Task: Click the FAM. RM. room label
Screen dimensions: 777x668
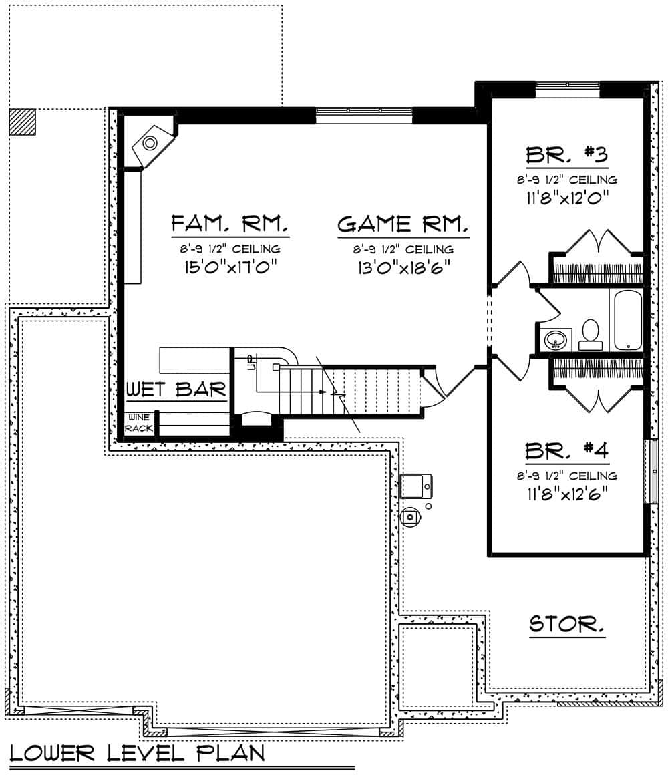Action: [x=230, y=222]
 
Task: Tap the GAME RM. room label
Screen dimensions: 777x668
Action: [x=403, y=224]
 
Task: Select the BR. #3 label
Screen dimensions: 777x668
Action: [x=566, y=155]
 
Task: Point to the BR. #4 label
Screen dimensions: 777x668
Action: [x=566, y=451]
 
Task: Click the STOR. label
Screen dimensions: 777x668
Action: [x=567, y=625]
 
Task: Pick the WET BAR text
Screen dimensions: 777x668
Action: [x=176, y=390]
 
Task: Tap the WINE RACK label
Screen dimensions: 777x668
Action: [x=139, y=422]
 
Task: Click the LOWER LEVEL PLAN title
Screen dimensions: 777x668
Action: [x=137, y=753]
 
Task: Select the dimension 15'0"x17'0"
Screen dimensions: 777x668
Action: [x=230, y=267]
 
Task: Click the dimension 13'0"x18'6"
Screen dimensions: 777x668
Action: [x=403, y=267]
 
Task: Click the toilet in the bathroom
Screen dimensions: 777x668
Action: [x=591, y=335]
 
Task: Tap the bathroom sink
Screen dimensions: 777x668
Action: [x=555, y=340]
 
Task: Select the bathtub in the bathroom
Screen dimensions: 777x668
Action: [x=625, y=320]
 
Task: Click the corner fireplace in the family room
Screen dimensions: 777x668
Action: [x=150, y=142]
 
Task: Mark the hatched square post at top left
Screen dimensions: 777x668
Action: [x=23, y=122]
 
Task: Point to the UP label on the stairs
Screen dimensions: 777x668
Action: [x=251, y=363]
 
